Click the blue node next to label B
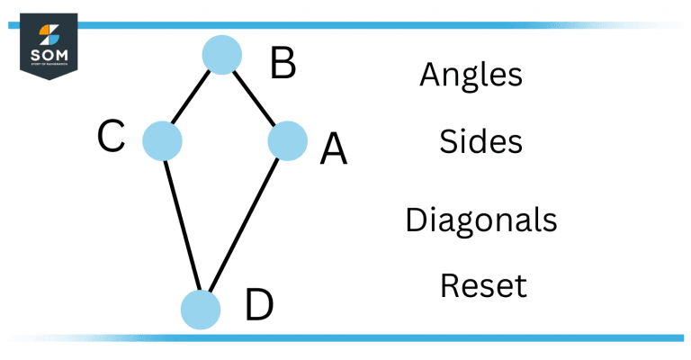[221, 55]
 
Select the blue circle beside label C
[163, 140]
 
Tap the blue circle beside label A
[288, 141]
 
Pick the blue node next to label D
[200, 309]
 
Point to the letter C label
[111, 138]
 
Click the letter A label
[333, 148]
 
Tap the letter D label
[259, 306]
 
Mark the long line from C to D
[181, 224]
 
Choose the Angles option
[471, 76]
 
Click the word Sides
[481, 142]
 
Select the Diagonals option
[480, 219]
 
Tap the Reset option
[483, 286]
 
